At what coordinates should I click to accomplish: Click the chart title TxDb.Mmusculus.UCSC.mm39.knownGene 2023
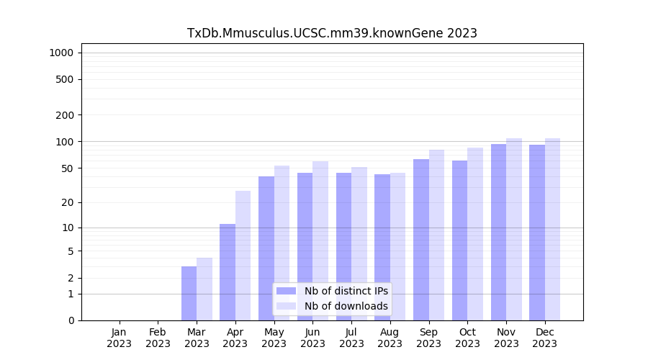[x=332, y=33]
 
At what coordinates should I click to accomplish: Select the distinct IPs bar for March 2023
[x=189, y=293]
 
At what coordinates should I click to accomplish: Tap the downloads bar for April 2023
[x=243, y=256]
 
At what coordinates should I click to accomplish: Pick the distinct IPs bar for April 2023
[x=228, y=272]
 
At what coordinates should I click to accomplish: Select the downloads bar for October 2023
[x=474, y=234]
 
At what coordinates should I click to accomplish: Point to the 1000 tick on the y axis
[x=61, y=53]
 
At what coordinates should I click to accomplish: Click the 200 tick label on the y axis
[x=65, y=115]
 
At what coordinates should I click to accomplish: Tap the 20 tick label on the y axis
[x=68, y=202]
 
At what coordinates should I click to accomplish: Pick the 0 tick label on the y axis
[x=71, y=320]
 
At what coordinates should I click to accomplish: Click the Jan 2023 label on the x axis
[x=120, y=338]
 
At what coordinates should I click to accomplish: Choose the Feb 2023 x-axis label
[x=158, y=338]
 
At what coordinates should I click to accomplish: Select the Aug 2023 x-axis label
[x=390, y=338]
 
